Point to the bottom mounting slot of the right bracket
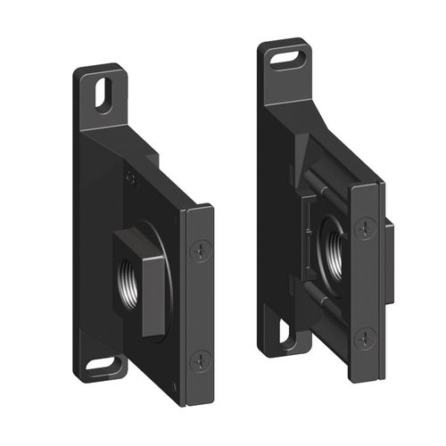pos(285,334)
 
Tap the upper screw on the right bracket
pos(364,228)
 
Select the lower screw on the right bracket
pos(364,338)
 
